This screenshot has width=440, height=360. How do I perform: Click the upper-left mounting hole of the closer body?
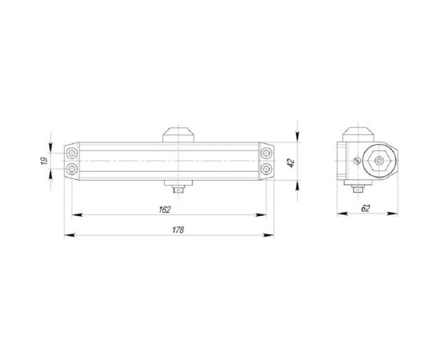click(x=74, y=153)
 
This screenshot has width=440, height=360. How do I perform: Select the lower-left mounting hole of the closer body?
click(x=74, y=168)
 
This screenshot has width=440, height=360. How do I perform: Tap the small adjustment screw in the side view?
click(x=355, y=162)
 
